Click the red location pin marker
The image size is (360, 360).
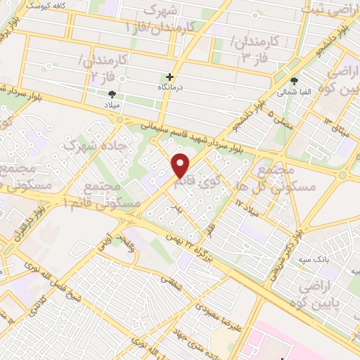tap(181, 165)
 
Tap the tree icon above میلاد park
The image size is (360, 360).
tap(112, 93)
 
